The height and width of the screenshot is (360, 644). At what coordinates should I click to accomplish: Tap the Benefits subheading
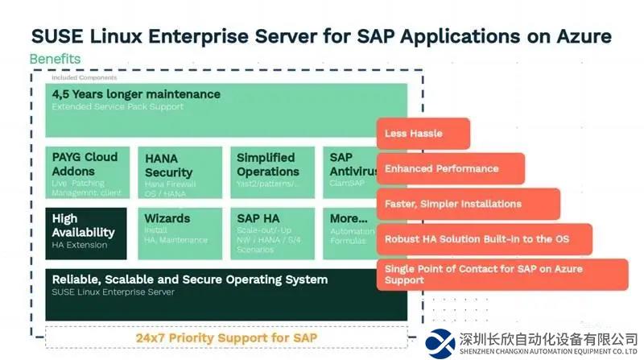[x=55, y=59]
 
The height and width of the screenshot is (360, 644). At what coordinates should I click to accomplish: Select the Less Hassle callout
[x=423, y=134]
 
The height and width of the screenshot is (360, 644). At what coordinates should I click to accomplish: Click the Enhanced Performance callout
[x=450, y=169]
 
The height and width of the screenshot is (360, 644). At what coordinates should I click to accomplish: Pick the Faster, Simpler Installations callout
[x=467, y=204]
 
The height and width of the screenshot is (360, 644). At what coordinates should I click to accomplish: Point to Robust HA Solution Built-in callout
[x=484, y=239]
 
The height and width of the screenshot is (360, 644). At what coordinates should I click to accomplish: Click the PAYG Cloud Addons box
[x=86, y=172]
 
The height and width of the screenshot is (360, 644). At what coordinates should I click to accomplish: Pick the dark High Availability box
[x=86, y=231]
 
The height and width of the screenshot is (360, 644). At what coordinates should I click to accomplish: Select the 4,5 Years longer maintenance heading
[x=136, y=94]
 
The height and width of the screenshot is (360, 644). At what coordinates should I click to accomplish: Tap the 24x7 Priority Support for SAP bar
[x=226, y=337]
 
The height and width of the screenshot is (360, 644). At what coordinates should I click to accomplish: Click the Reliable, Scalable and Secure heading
[x=190, y=279]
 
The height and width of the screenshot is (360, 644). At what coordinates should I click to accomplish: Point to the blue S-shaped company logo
[x=442, y=342]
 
